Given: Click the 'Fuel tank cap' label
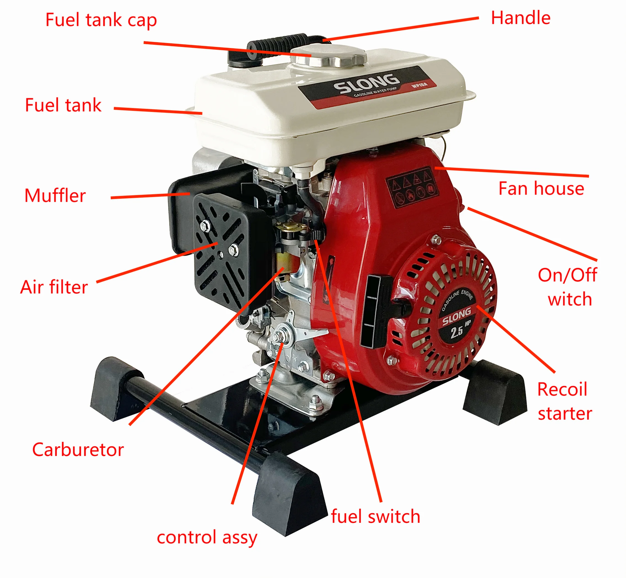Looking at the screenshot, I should click(101, 20).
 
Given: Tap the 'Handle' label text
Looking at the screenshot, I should click(520, 18).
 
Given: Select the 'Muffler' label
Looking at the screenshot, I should click(55, 196).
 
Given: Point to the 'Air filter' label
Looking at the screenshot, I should click(54, 287).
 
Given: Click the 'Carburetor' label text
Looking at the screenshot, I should click(78, 450).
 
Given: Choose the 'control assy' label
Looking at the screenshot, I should click(207, 537).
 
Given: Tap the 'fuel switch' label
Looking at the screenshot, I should click(375, 516).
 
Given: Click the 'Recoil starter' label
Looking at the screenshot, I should click(564, 401).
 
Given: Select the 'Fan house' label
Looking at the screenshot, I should click(541, 189).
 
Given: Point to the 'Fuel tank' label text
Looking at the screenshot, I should click(63, 105).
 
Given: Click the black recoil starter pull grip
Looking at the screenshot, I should click(378, 311).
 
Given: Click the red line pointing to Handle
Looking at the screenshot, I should click(400, 29).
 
